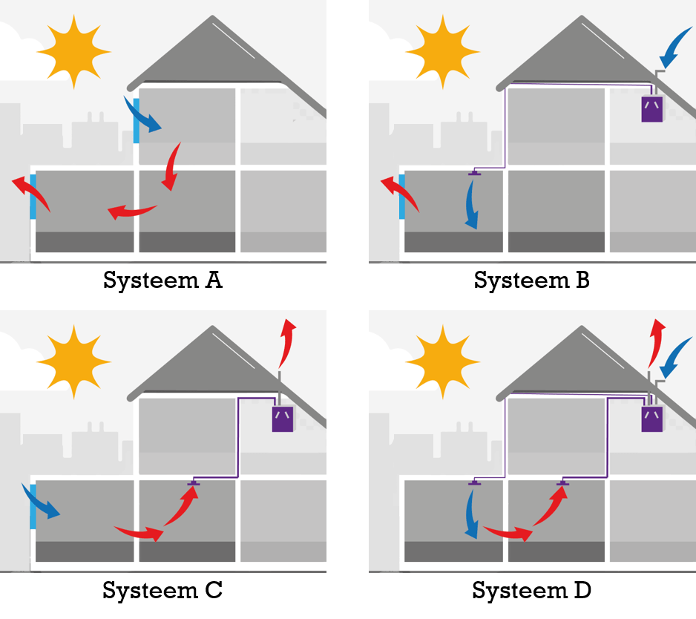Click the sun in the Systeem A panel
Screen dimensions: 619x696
click(x=73, y=51)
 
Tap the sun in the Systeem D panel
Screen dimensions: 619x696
click(x=444, y=361)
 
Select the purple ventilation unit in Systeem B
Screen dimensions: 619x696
click(x=652, y=108)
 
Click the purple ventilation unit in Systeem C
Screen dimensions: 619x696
click(x=282, y=419)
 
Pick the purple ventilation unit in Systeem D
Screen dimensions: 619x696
click(x=651, y=419)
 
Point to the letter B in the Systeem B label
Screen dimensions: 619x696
click(x=581, y=281)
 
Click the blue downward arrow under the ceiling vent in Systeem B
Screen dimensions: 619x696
click(x=470, y=205)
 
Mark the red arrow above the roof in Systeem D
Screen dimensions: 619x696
click(x=655, y=339)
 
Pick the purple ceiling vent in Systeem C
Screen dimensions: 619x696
click(x=194, y=484)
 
